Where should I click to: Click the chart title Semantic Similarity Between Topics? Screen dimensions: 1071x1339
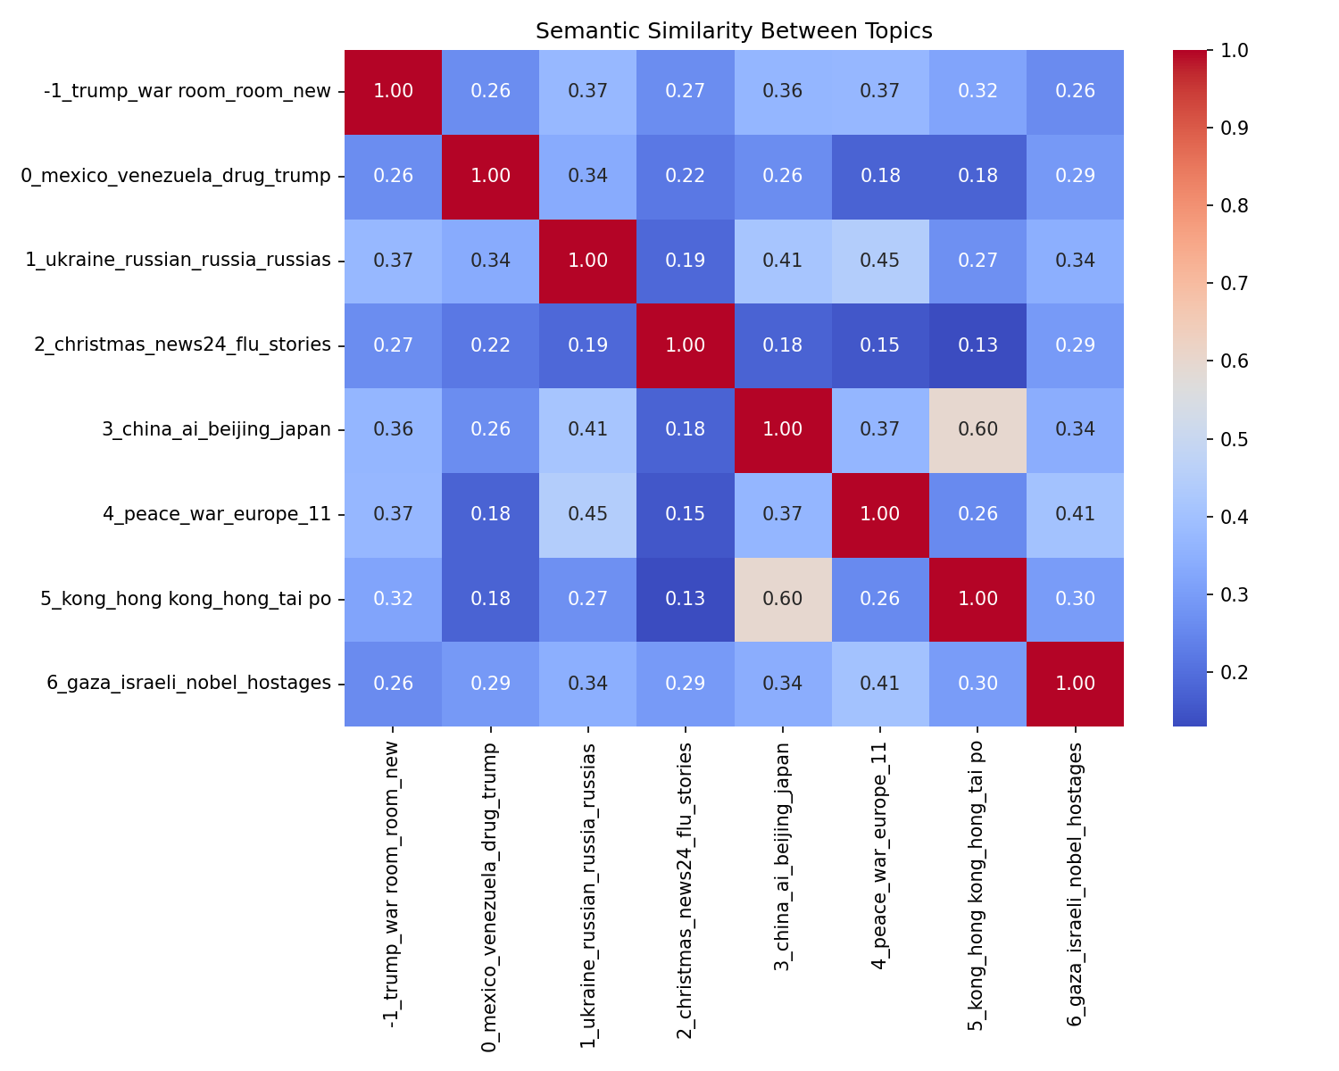734,31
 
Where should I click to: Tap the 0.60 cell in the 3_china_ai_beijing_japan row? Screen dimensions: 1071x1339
977,429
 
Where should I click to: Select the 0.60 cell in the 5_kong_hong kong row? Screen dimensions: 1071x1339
783,598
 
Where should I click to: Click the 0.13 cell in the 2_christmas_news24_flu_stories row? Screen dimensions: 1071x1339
977,345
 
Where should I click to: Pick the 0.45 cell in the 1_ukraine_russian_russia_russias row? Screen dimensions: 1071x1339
880,261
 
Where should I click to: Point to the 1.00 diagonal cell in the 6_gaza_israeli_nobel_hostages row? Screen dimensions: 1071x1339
1075,683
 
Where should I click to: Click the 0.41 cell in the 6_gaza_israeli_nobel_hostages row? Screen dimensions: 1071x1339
880,683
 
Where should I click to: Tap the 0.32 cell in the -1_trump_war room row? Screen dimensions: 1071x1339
977,91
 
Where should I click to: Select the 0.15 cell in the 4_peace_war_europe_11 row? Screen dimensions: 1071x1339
686,514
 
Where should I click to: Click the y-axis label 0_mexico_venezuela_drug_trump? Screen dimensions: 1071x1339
176,176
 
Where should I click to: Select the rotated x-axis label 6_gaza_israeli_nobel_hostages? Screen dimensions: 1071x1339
1075,884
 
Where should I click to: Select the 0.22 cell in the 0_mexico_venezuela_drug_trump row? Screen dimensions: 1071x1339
686,176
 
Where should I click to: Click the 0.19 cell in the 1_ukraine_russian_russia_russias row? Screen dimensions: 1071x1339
686,261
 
